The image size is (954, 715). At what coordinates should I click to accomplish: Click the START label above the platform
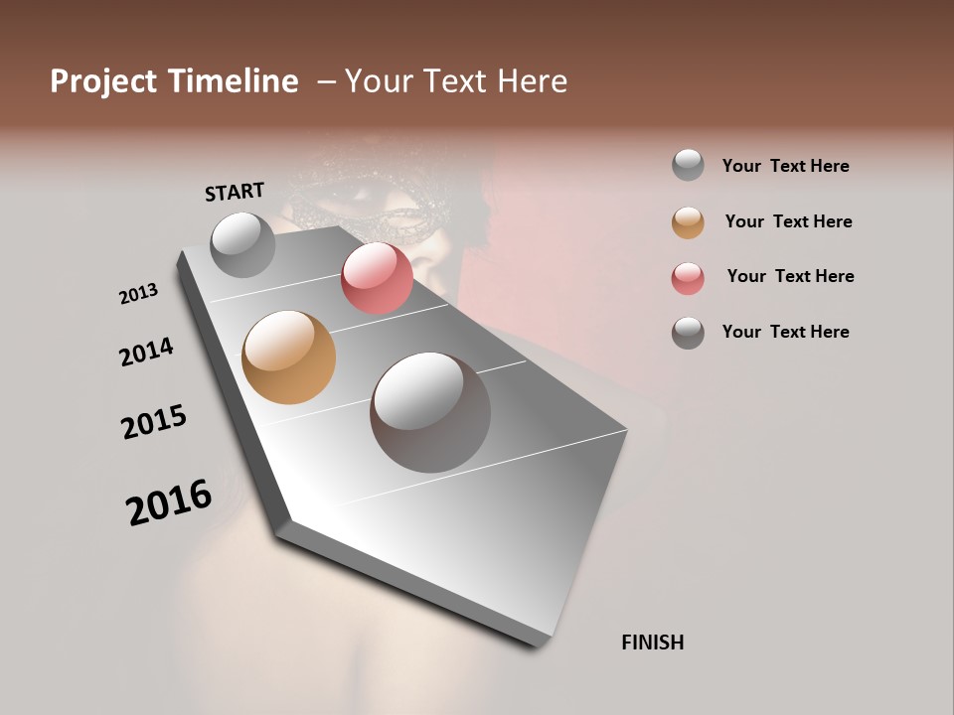[235, 192]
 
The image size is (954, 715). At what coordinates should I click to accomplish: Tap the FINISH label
[652, 643]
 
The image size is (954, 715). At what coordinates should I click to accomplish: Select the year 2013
[138, 294]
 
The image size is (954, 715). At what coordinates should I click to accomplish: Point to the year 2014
[146, 352]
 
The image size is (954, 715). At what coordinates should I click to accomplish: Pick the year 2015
[154, 422]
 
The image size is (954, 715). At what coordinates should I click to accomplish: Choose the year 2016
[169, 502]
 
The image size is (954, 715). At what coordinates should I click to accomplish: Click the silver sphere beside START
[242, 244]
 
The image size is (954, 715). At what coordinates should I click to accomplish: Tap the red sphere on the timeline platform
[377, 278]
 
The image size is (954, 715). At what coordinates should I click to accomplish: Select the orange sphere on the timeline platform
[289, 357]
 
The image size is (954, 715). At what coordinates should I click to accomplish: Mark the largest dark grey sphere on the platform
[430, 412]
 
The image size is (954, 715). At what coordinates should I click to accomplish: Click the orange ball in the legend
[688, 222]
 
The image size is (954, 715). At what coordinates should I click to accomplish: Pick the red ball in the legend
[688, 278]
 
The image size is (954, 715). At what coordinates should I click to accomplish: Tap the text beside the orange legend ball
[788, 221]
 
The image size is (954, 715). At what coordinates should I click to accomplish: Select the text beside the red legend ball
[790, 276]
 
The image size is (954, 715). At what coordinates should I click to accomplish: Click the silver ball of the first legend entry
[688, 165]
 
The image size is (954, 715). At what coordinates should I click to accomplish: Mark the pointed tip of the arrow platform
[537, 641]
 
